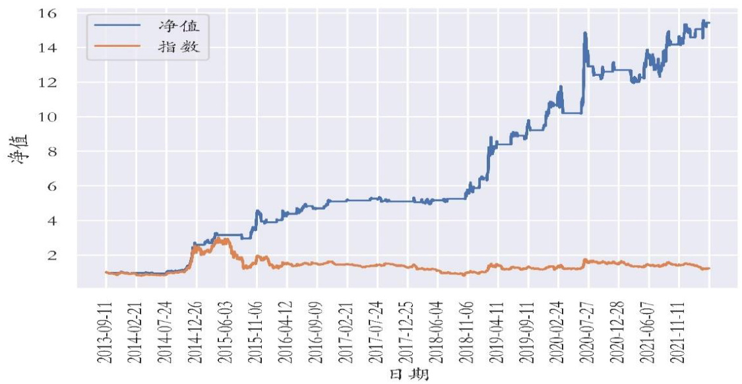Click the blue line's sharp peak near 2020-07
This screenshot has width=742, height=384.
[585, 32]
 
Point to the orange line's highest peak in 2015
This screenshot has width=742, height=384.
[224, 238]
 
